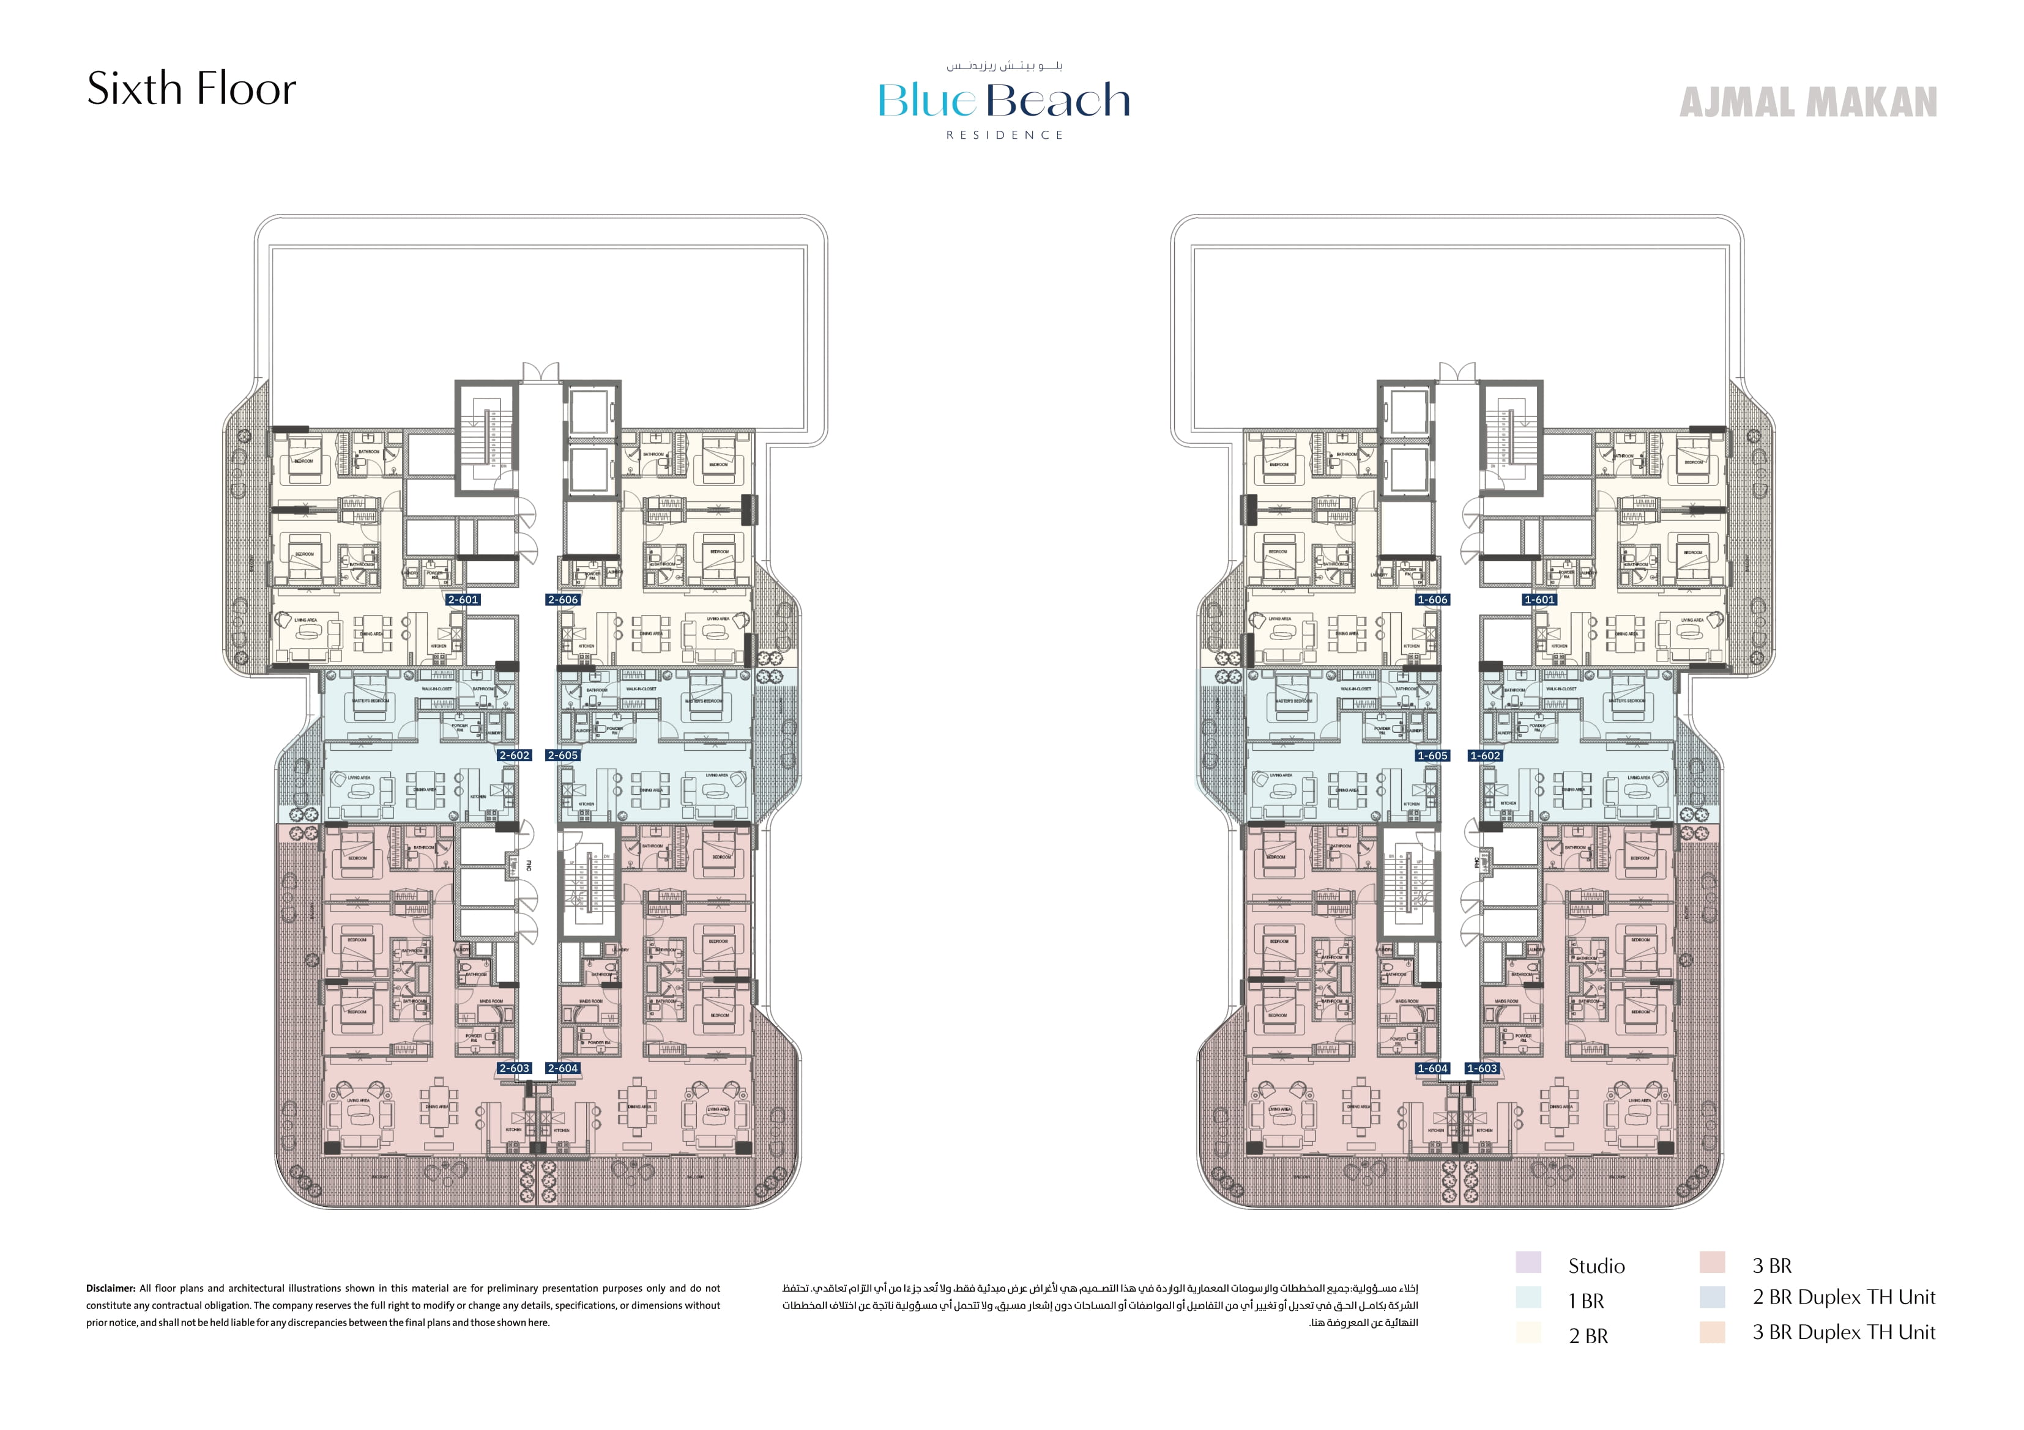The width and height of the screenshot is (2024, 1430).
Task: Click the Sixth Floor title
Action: click(192, 89)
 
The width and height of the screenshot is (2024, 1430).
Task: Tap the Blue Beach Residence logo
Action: click(1004, 102)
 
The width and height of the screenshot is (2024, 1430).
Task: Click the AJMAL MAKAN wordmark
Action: click(1808, 102)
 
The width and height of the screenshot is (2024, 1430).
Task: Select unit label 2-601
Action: click(463, 600)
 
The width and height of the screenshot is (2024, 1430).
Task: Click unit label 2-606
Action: click(562, 600)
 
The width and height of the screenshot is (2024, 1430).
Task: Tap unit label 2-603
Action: click(514, 1068)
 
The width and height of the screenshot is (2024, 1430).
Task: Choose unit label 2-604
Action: click(562, 1068)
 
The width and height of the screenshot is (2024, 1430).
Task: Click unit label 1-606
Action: click(1432, 600)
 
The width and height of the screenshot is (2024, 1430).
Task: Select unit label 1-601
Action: click(1540, 600)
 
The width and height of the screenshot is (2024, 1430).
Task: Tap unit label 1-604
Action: click(1432, 1068)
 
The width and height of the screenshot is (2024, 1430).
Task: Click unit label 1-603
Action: click(1482, 1068)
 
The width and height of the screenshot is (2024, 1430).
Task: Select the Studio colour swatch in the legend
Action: click(1528, 1262)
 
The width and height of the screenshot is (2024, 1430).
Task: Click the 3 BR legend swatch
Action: click(1712, 1262)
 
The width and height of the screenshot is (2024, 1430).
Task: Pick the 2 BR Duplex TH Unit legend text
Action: click(1844, 1298)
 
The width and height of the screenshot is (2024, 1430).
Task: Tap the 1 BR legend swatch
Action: click(1528, 1298)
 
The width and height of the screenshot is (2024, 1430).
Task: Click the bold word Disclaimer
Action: click(110, 1288)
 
